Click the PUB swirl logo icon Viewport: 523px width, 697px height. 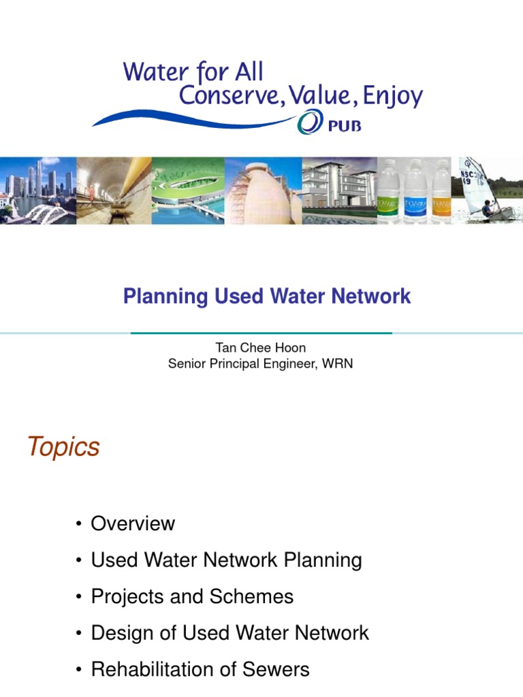[307, 125]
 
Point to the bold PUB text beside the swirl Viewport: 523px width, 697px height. [344, 127]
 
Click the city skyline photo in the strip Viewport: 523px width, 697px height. [37, 191]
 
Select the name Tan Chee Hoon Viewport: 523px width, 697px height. [261, 348]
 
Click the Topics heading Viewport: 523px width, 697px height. [63, 447]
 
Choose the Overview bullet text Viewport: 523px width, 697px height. [133, 523]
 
